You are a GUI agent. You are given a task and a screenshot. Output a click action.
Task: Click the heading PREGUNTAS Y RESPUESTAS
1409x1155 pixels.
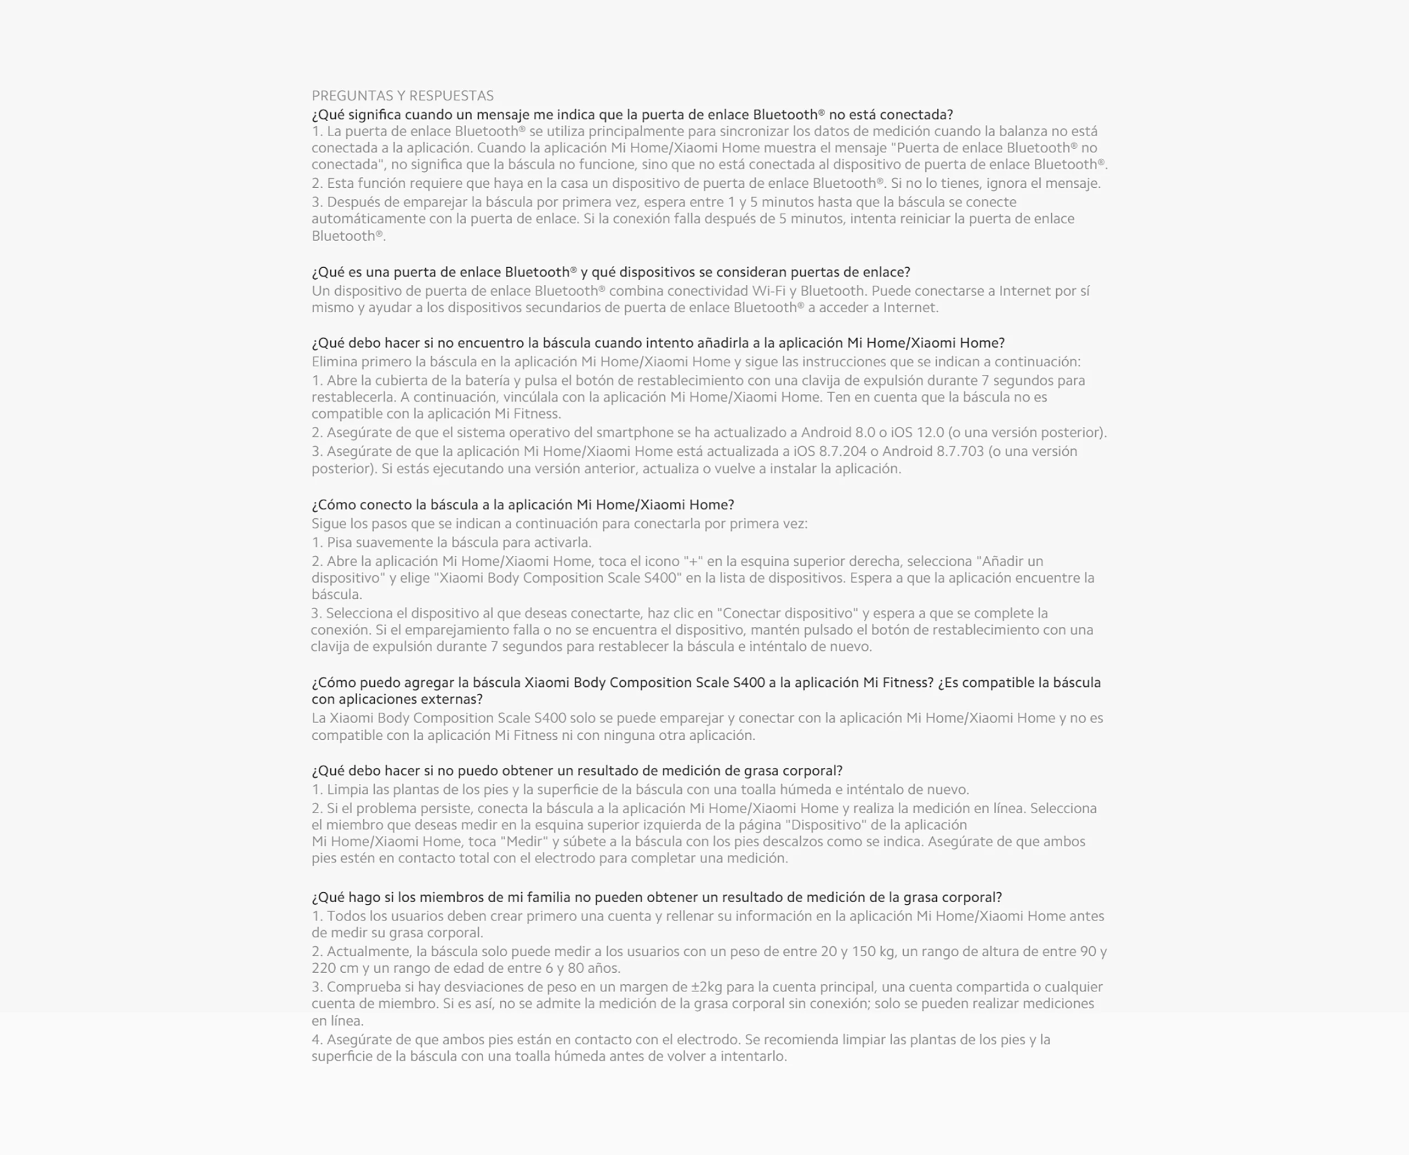pyautogui.click(x=402, y=96)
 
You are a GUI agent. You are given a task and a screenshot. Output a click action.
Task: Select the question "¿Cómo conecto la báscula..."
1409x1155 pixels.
pyautogui.click(x=523, y=505)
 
